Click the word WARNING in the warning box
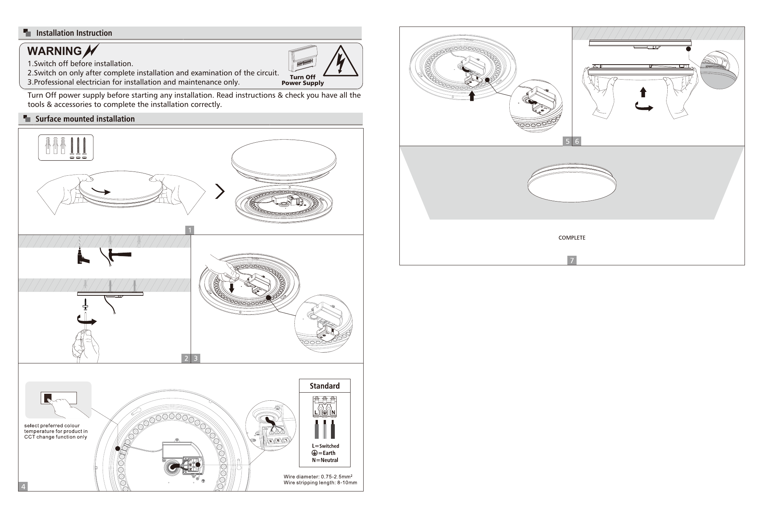55,51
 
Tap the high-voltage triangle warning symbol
341,61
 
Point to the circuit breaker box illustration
303,59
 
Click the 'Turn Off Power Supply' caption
303,80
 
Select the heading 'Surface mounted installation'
85,119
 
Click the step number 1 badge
190,230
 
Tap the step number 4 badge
23,486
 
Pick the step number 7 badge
572,260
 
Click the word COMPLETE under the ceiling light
572,238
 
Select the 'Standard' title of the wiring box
325,386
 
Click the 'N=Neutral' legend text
325,460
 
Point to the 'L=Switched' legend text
326,446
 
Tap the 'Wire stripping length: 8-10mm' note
320,483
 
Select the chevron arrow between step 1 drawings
220,191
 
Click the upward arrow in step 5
472,96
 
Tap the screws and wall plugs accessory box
66,147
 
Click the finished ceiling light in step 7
572,183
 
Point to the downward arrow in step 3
232,288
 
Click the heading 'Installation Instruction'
74,33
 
